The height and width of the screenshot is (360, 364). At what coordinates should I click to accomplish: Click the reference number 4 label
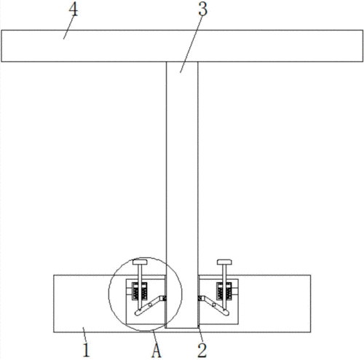74,10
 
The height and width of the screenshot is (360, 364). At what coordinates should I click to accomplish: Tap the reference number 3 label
202,9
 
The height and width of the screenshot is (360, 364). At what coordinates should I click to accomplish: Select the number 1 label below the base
86,350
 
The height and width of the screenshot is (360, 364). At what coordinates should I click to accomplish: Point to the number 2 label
202,350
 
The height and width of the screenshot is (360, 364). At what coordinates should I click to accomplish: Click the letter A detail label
157,350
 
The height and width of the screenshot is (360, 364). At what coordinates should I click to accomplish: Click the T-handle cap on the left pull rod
140,262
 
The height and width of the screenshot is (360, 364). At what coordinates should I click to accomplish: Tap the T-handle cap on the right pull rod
224,262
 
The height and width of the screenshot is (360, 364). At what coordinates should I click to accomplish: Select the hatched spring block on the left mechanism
140,291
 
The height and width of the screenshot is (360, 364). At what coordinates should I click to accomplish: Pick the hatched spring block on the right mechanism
224,291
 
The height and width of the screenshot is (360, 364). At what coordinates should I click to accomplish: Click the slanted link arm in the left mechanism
149,305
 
